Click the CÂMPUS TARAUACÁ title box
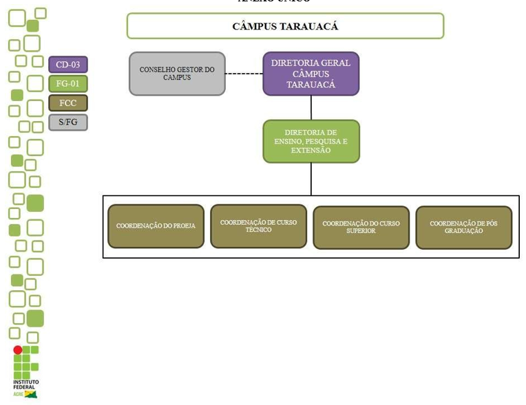tap(285, 26)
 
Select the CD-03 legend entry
tap(68, 65)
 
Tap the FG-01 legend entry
tap(68, 84)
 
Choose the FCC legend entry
tap(68, 103)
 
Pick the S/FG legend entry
tap(68, 122)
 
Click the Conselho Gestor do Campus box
tap(177, 74)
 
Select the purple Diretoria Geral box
tap(311, 74)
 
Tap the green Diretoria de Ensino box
tap(311, 141)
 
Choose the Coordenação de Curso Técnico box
tap(258, 226)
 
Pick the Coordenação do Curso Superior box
tap(361, 227)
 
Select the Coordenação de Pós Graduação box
tap(463, 227)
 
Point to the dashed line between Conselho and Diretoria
tap(244, 74)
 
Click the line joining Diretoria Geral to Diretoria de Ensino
tap(311, 107)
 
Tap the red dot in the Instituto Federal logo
tap(18, 350)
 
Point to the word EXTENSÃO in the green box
tap(311, 150)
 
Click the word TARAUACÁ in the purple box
tap(311, 85)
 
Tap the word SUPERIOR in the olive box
tap(361, 231)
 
